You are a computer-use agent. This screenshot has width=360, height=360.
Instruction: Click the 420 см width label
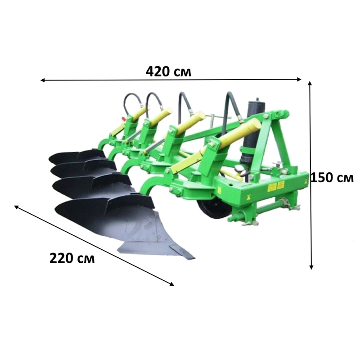point(168,72)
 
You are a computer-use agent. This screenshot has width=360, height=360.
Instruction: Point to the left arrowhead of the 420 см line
point(42,80)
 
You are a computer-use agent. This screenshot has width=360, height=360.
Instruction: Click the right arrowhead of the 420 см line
point(299,80)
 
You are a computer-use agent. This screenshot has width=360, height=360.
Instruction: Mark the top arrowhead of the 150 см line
point(310,83)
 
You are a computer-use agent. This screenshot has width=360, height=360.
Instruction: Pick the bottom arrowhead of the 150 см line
point(311,267)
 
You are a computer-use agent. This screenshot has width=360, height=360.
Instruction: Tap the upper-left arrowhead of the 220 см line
point(16,207)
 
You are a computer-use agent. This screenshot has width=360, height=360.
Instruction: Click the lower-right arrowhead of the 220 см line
point(172,284)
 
